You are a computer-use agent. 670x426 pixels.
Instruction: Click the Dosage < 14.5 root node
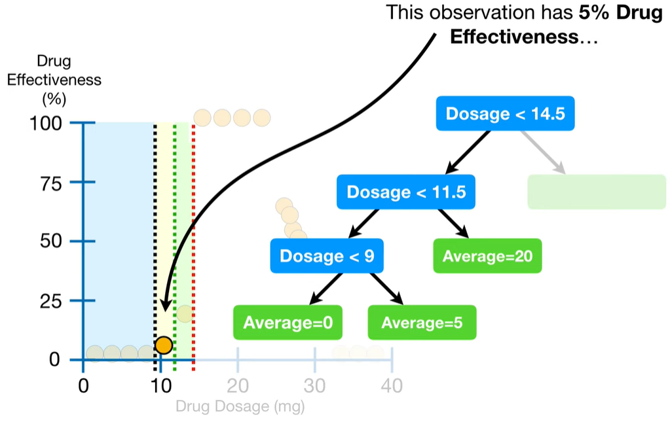[505, 114]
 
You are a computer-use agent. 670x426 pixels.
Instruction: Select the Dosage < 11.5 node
[406, 192]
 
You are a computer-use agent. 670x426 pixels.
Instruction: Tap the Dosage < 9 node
[327, 255]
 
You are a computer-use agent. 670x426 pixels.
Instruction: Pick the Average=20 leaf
[487, 256]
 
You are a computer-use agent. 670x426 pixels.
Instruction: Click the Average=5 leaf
[422, 322]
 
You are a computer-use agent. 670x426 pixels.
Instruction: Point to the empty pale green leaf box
[596, 192]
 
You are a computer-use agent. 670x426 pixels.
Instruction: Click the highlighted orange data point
[163, 345]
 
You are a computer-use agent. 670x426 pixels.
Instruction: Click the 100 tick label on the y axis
[46, 123]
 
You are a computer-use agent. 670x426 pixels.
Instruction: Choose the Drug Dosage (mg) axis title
[240, 406]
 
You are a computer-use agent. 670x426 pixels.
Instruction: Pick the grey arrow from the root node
[543, 152]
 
